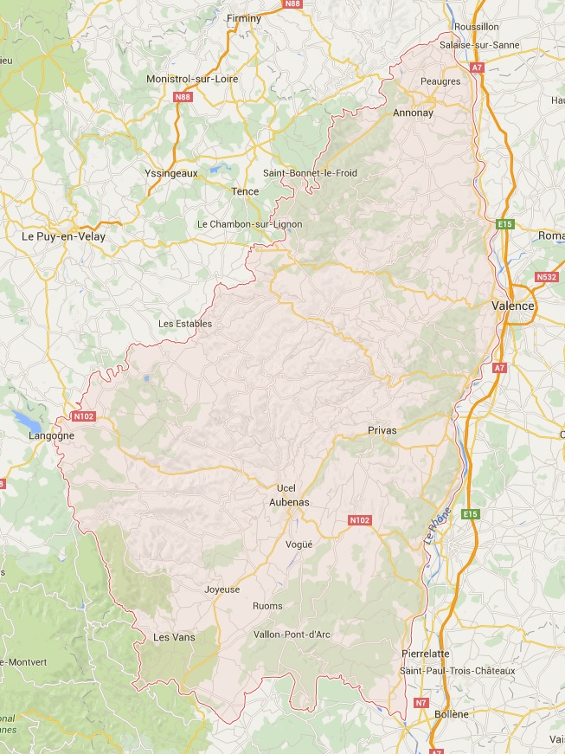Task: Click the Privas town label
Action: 381,430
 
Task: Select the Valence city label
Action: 512,306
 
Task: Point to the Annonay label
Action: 413,113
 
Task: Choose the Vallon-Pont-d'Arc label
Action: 292,635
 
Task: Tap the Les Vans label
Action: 173,637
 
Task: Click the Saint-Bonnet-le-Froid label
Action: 310,173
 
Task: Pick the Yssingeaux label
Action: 171,173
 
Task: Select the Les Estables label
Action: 185,324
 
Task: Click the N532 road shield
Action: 546,277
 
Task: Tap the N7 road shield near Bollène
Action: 421,702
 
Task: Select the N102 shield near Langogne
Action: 83,416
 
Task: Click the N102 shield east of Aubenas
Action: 359,520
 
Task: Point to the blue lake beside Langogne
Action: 28,421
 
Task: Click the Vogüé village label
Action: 299,544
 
